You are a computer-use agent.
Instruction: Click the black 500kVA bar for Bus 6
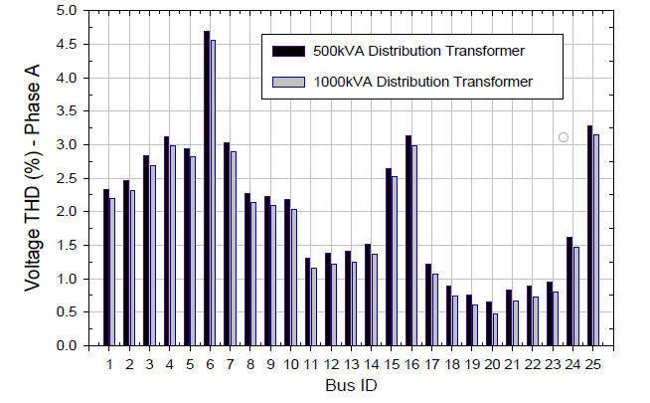click(x=207, y=189)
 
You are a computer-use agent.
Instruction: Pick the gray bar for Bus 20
click(x=496, y=329)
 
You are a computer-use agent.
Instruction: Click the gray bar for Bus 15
click(x=395, y=261)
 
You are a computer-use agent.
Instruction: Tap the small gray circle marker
click(x=563, y=137)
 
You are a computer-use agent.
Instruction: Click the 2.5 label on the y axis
click(x=67, y=178)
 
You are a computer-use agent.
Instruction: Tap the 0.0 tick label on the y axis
click(x=67, y=345)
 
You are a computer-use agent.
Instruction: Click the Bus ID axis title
click(x=348, y=384)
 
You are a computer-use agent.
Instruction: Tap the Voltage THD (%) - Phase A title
click(x=34, y=178)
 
